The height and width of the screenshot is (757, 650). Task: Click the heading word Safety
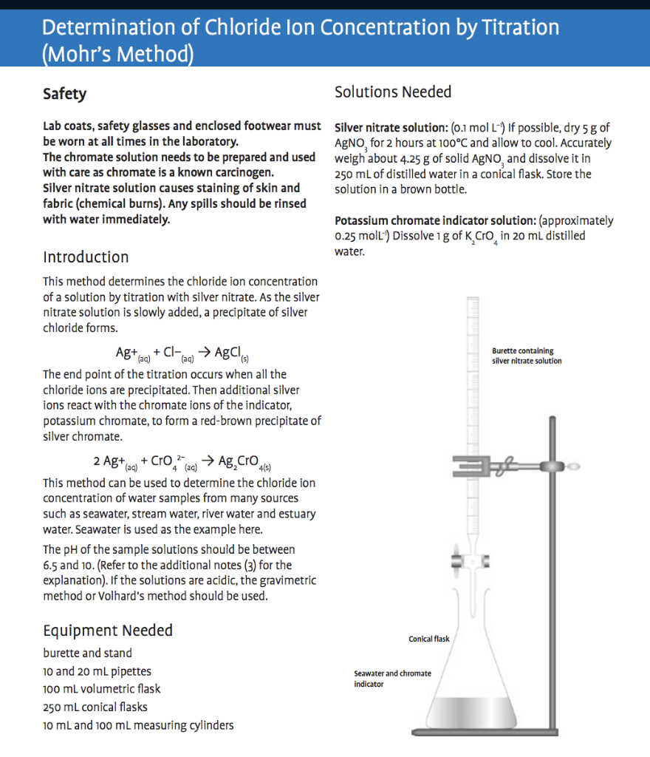point(64,94)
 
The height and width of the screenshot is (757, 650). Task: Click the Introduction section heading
point(86,257)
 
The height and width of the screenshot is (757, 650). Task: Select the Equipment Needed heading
point(108,631)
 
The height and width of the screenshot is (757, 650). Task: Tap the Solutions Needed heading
point(393,92)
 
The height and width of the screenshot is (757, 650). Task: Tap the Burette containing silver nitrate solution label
point(527,356)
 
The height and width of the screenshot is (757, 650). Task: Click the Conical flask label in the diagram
point(428,639)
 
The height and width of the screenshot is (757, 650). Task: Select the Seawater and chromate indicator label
point(392,679)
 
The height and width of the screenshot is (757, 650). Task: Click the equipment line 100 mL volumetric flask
point(101,689)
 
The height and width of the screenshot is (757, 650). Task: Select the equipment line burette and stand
point(87,653)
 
